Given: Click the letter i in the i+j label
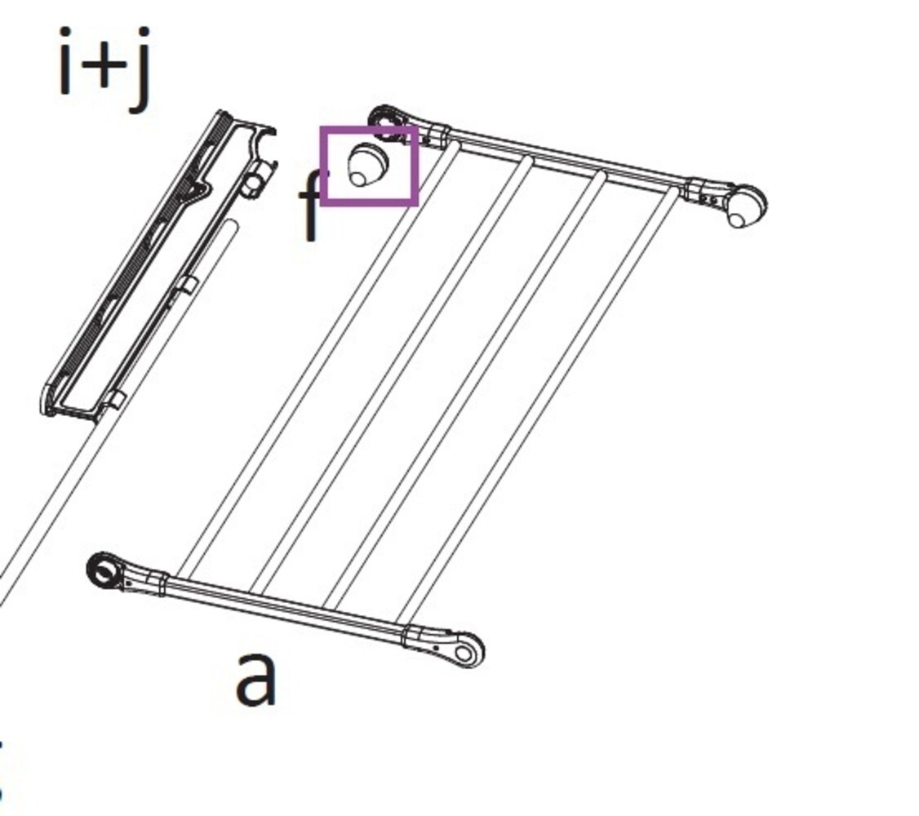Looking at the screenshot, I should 66,62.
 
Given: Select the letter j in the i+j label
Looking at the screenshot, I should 140,69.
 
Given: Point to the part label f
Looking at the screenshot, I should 311,207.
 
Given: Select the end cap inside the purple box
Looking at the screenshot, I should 367,165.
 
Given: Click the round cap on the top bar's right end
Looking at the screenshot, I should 745,206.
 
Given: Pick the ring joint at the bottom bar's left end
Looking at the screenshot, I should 104,570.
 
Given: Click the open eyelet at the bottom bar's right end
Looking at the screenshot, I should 465,651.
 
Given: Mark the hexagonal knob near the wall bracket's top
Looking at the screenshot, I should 255,180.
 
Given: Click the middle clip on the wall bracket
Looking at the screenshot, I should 187,285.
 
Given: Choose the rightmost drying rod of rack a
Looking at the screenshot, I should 539,400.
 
